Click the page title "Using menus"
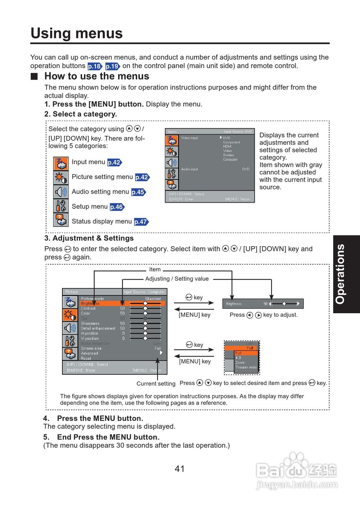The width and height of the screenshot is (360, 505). point(77,33)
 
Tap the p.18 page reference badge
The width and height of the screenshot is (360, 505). point(95,66)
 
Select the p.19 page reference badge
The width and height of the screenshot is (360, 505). point(112,66)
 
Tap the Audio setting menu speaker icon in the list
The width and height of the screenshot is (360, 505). point(61,192)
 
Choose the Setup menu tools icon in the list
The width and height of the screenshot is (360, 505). point(61,207)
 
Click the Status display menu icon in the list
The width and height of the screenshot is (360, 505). point(61,220)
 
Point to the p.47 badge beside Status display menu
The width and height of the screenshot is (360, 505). point(141,222)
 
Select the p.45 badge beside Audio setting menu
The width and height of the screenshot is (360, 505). point(138,192)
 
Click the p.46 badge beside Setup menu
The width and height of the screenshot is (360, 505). point(116,207)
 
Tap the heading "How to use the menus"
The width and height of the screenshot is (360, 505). point(97,76)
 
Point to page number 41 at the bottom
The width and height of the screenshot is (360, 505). point(180,469)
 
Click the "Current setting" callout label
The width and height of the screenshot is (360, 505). point(156,383)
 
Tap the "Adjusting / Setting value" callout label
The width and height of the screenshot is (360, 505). point(177,279)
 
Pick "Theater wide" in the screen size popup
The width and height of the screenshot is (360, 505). point(246,367)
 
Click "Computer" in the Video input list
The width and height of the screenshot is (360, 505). point(230,159)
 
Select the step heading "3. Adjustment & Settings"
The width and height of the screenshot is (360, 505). point(89,238)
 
